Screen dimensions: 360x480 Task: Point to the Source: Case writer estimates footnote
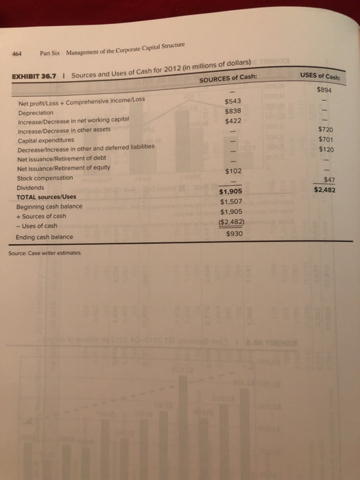pyautogui.click(x=45, y=252)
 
